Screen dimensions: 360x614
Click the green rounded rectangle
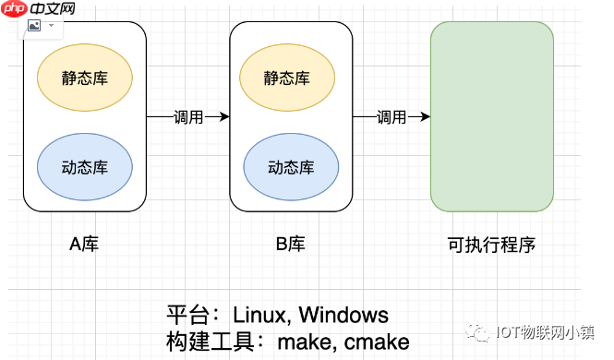[x=492, y=116]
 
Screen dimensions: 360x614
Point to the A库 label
[x=84, y=245]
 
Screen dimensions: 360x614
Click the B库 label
[x=290, y=245]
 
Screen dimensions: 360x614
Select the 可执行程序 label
[x=492, y=245]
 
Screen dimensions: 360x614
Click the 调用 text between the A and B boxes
[x=187, y=117]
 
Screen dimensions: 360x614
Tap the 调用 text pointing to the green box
[x=391, y=117]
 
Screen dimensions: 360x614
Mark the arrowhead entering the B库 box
[x=223, y=117]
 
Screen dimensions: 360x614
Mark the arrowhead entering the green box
[x=425, y=117]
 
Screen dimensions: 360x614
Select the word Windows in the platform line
[x=343, y=315]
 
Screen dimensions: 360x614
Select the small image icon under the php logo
[x=34, y=27]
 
